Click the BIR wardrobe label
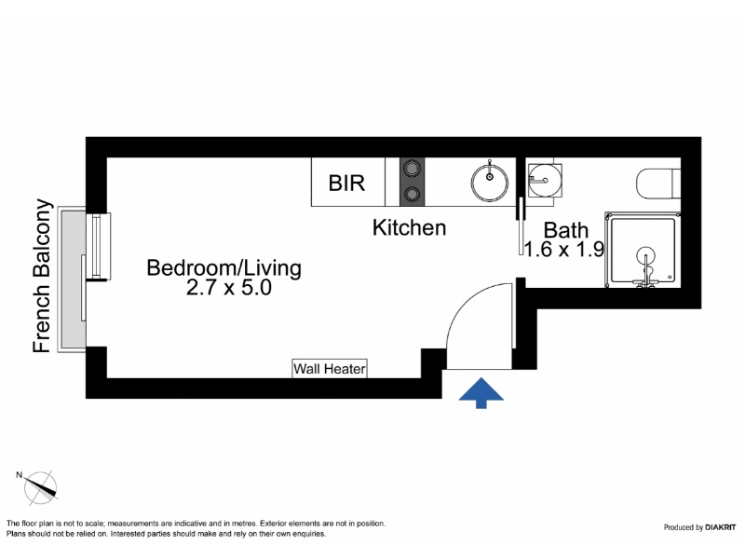346,183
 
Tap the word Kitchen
409,227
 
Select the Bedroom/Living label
223,268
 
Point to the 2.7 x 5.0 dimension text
228,288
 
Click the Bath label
566,230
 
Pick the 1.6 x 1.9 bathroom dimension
564,249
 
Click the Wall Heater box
330,368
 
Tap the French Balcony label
41,276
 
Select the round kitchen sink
490,183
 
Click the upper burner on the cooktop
412,168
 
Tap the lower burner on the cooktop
412,194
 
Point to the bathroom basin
545,180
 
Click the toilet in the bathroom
658,184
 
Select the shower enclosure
643,250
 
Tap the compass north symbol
41,488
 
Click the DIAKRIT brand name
720,527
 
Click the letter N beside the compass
19,474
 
